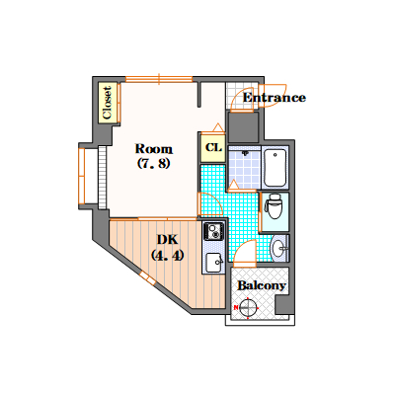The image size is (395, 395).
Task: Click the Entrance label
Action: point(274,98)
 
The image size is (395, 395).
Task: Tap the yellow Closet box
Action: point(107,102)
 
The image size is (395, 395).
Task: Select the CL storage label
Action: point(212,148)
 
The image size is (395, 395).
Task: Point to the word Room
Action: point(155,148)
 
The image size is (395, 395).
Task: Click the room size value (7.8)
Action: point(155,164)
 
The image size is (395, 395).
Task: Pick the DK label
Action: point(167,238)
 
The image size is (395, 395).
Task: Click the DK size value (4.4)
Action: point(167,255)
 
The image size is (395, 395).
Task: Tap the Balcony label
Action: point(263,285)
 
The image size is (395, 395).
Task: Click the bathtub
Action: point(276,166)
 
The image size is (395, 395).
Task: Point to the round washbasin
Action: point(277,247)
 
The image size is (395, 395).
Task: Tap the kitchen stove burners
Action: point(213,233)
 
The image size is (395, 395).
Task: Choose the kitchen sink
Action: point(213,262)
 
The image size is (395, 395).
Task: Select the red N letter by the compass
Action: point(236,309)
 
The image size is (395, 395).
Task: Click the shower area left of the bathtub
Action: point(248,166)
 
